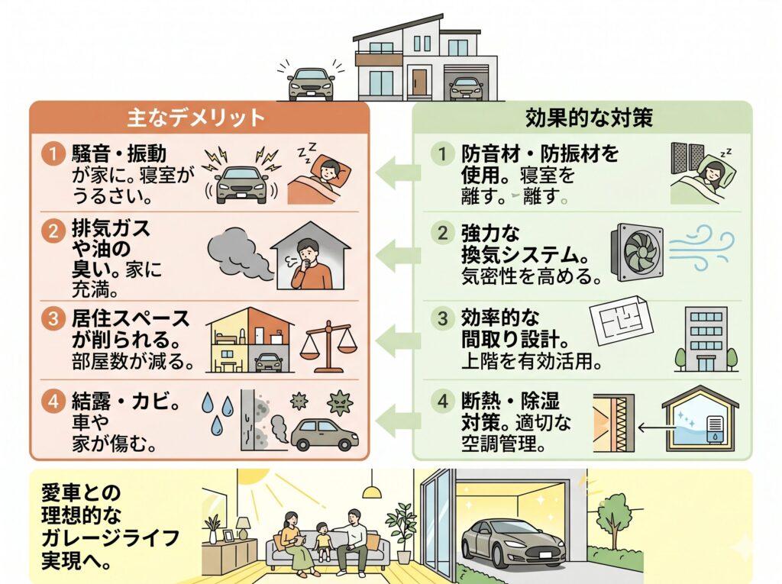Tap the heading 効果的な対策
(582, 118)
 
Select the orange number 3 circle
(50, 319)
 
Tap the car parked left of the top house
(311, 84)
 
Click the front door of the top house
(419, 82)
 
